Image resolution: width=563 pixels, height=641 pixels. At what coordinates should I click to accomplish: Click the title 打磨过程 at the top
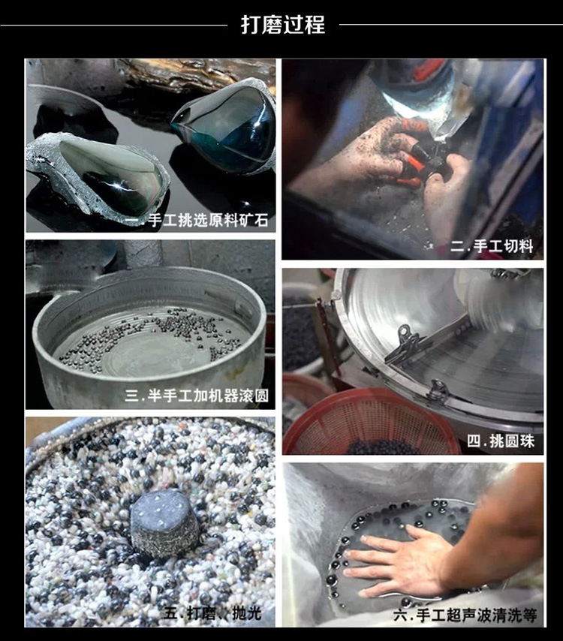coord(283,25)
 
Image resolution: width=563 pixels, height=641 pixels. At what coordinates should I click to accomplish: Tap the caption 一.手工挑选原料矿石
coord(197,221)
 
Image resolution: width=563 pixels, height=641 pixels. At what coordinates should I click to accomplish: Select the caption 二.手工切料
coord(492,246)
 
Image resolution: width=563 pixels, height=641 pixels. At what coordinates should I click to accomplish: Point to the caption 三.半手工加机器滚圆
coord(197,396)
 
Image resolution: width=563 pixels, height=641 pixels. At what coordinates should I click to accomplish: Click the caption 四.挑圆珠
coord(501,441)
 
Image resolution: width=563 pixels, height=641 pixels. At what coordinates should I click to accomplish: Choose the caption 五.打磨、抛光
coord(212,613)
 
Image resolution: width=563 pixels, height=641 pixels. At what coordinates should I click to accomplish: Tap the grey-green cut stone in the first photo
coord(98,173)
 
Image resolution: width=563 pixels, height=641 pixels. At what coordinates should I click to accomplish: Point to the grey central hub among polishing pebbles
coord(164,524)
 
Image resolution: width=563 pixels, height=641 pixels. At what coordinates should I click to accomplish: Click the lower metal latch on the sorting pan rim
coord(438,390)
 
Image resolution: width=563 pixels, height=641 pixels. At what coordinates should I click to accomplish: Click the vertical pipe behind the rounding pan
coord(143,254)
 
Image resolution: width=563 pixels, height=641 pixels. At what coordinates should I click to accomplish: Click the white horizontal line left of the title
coord(113,25)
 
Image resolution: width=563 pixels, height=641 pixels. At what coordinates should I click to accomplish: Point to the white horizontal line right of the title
coord(451,25)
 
